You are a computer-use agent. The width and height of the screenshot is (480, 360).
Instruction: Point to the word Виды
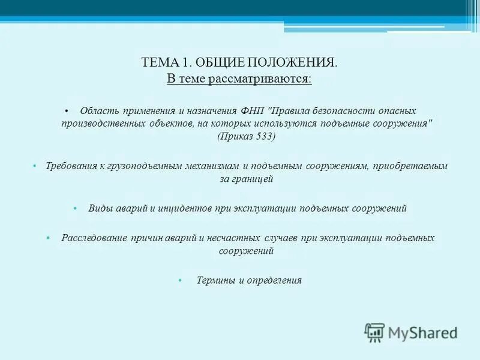pos(100,209)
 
